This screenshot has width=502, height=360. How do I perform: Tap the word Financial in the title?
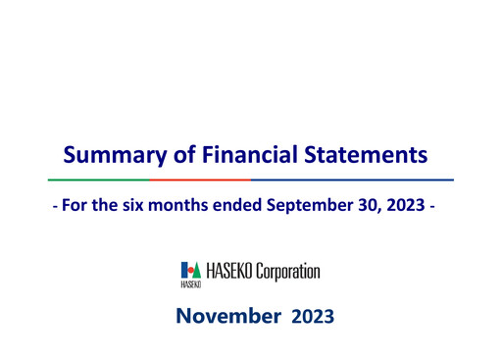point(248,154)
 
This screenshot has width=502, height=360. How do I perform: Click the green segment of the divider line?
point(99,180)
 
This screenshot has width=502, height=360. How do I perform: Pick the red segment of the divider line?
point(200,180)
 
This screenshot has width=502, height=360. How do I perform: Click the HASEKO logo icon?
point(190,271)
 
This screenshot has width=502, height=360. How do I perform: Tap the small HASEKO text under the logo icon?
point(190,284)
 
